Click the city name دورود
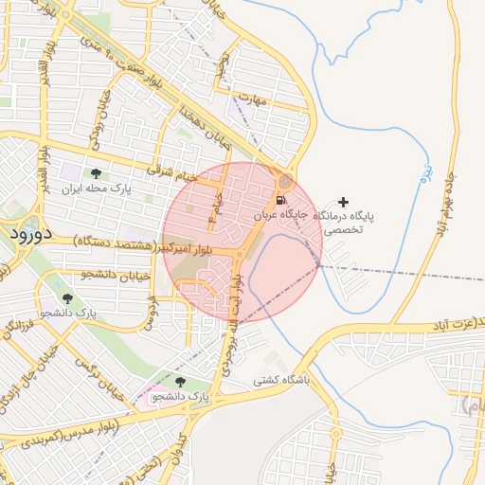point(31,232)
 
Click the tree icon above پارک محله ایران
point(96,173)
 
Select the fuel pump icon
point(281,201)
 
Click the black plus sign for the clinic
point(343,202)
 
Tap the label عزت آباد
point(454,324)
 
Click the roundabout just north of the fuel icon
point(286,181)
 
